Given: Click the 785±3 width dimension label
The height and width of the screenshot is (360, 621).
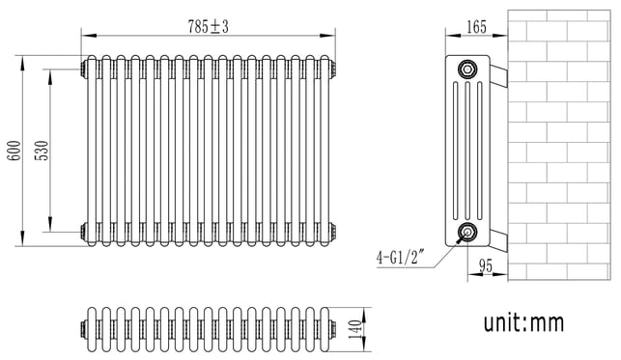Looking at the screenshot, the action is tap(208, 27).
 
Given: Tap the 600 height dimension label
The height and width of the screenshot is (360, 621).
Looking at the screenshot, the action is tap(14, 151).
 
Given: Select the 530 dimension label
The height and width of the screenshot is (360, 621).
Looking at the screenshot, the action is tap(42, 151).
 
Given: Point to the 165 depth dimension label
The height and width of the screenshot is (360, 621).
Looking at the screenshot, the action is tap(476, 27).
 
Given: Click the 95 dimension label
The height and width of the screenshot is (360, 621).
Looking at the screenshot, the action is tap(486, 266).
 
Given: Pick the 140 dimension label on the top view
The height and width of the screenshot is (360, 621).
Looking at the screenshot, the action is tap(356, 329).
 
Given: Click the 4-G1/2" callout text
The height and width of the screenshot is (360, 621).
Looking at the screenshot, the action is tap(400, 259).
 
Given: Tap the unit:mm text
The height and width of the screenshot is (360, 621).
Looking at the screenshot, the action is tap(523, 322).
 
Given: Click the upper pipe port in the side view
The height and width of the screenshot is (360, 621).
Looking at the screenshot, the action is tap(467, 69).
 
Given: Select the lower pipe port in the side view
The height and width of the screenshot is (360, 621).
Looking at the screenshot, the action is tap(467, 232).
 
